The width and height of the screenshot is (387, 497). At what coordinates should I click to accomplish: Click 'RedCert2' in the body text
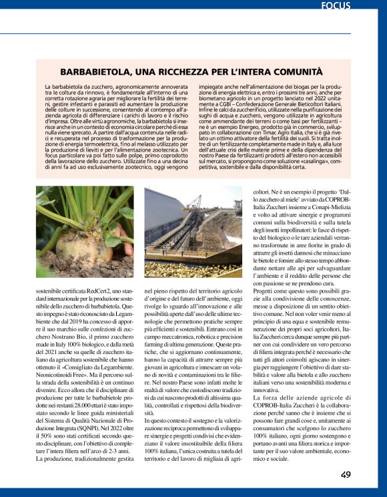pos(104,291)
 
